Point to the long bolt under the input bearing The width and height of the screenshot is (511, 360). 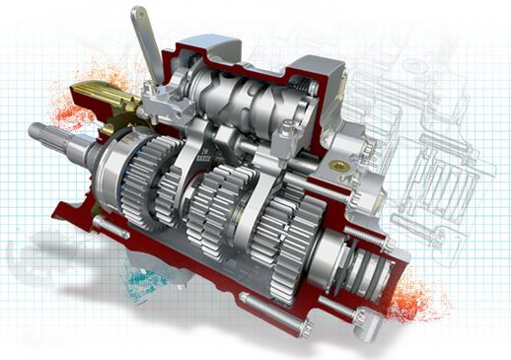[x=109, y=232]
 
